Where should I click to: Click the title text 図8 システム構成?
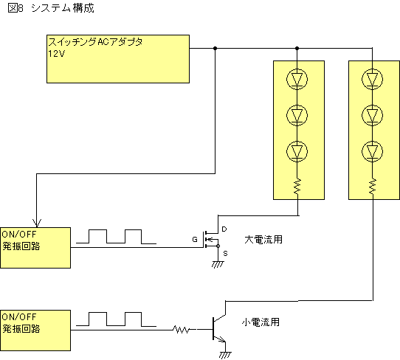[x=51, y=8]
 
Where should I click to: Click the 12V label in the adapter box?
[x=57, y=54]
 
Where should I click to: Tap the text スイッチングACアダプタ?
[x=95, y=42]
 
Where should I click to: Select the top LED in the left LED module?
[x=297, y=79]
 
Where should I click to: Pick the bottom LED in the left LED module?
[x=297, y=152]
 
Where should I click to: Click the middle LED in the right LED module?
[x=372, y=116]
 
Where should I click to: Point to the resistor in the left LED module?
[x=297, y=187]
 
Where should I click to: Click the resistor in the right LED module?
[x=373, y=187]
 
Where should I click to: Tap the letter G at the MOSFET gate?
[x=195, y=240]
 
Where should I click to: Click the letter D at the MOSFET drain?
[x=224, y=229]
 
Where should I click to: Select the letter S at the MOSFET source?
[x=225, y=254]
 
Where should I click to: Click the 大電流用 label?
[x=263, y=240]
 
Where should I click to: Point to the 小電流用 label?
[x=261, y=322]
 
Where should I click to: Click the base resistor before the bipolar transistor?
[x=182, y=330]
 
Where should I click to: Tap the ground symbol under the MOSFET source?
[x=218, y=264]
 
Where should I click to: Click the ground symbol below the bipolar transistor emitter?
[x=225, y=355]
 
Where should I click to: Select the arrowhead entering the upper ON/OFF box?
[x=37, y=223]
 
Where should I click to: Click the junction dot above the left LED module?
[x=297, y=48]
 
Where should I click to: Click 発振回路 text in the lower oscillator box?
[x=21, y=328]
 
